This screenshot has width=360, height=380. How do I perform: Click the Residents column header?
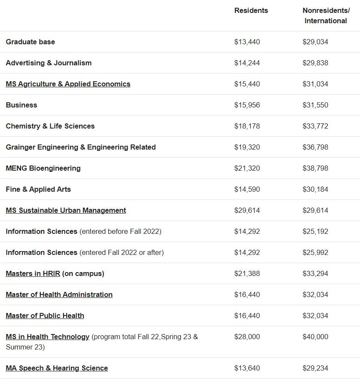point(251,10)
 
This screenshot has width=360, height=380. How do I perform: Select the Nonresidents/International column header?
point(326,15)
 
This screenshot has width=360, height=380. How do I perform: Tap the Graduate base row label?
point(31,42)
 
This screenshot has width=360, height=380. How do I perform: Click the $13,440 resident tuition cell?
point(247,42)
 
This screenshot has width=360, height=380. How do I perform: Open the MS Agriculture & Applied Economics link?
point(68,84)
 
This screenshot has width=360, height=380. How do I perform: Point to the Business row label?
point(21,105)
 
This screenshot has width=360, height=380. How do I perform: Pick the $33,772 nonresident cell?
point(315,126)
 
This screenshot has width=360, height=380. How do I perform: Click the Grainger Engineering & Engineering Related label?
point(81,147)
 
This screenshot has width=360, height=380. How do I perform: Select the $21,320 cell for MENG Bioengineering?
point(247,168)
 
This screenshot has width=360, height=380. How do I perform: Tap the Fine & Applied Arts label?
point(38,189)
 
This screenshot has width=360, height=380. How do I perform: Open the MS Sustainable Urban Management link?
point(66,210)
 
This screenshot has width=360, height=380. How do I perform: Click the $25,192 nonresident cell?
point(315,231)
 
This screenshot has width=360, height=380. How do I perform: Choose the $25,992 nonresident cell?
point(315,252)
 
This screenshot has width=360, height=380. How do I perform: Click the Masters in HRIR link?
point(33,273)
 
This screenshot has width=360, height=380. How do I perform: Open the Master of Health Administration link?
point(59,294)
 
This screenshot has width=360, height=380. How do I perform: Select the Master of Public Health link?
point(45,316)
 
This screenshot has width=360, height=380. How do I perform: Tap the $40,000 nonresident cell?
point(315,337)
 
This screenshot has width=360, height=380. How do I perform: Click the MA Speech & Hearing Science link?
point(57,368)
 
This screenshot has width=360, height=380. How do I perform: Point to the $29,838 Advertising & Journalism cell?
point(315,63)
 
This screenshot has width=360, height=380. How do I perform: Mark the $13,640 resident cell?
point(247,368)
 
